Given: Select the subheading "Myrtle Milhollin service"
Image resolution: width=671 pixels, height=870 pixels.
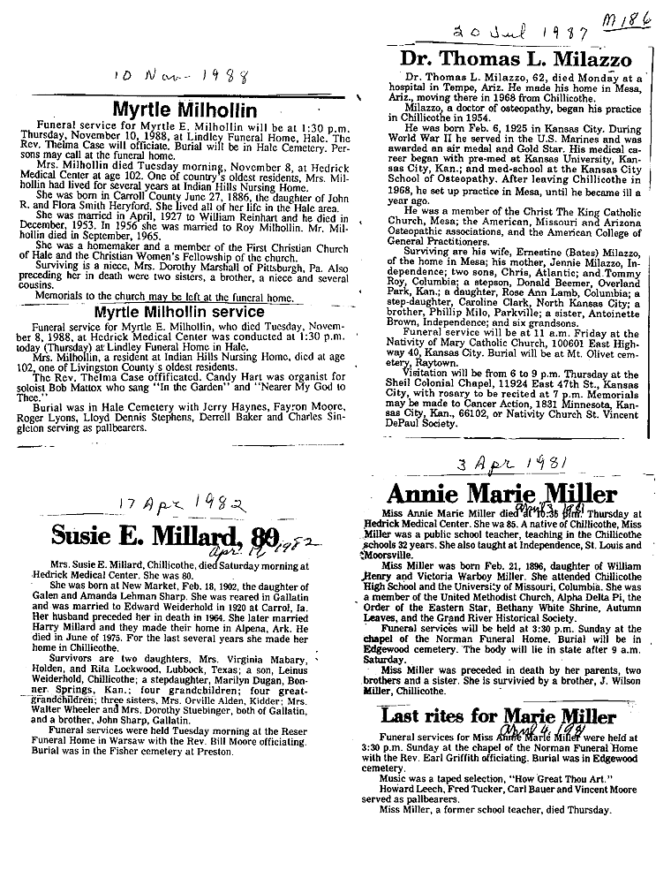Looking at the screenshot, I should point(191,312).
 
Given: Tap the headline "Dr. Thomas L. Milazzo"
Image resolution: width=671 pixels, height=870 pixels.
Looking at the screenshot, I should point(516,60).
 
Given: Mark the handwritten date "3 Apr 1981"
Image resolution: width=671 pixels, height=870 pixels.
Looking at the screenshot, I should point(511,465).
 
